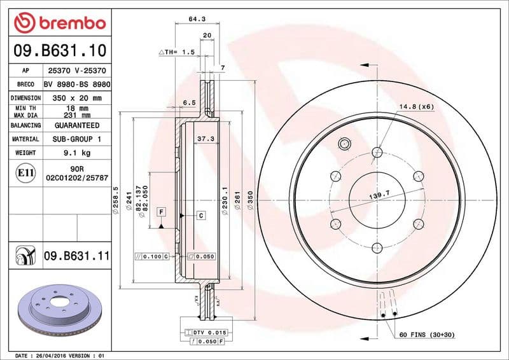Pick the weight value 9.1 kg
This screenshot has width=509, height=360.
(77, 153)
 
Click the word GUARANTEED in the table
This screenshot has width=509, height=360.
(77, 125)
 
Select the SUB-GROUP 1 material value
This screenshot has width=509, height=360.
(77, 139)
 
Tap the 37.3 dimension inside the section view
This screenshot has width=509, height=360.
(204, 138)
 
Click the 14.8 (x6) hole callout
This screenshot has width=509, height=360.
(417, 106)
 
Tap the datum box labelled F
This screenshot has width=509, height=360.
(162, 211)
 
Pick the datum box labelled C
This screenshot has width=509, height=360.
(200, 216)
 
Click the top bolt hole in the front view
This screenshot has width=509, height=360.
(377, 151)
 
